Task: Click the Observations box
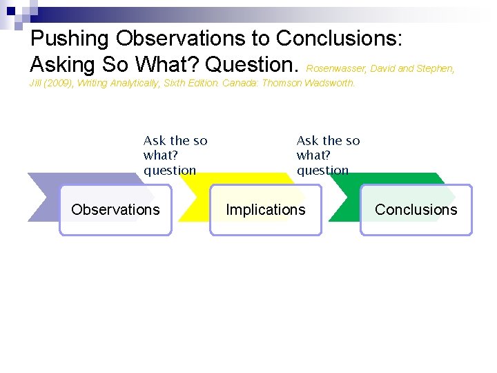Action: [x=115, y=210]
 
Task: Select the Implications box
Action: [x=266, y=210]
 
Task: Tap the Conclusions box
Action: [x=416, y=210]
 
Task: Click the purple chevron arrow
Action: [x=43, y=197]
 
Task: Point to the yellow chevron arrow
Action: [x=193, y=178]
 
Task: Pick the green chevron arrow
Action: [x=344, y=178]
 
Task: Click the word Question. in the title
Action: [x=253, y=64]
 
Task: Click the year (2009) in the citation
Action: [x=59, y=84]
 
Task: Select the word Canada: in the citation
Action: [x=240, y=84]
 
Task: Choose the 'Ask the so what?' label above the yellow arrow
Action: [x=175, y=155]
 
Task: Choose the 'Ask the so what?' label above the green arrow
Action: [x=329, y=155]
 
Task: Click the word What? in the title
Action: [x=167, y=64]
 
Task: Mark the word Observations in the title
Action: [x=193, y=38]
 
